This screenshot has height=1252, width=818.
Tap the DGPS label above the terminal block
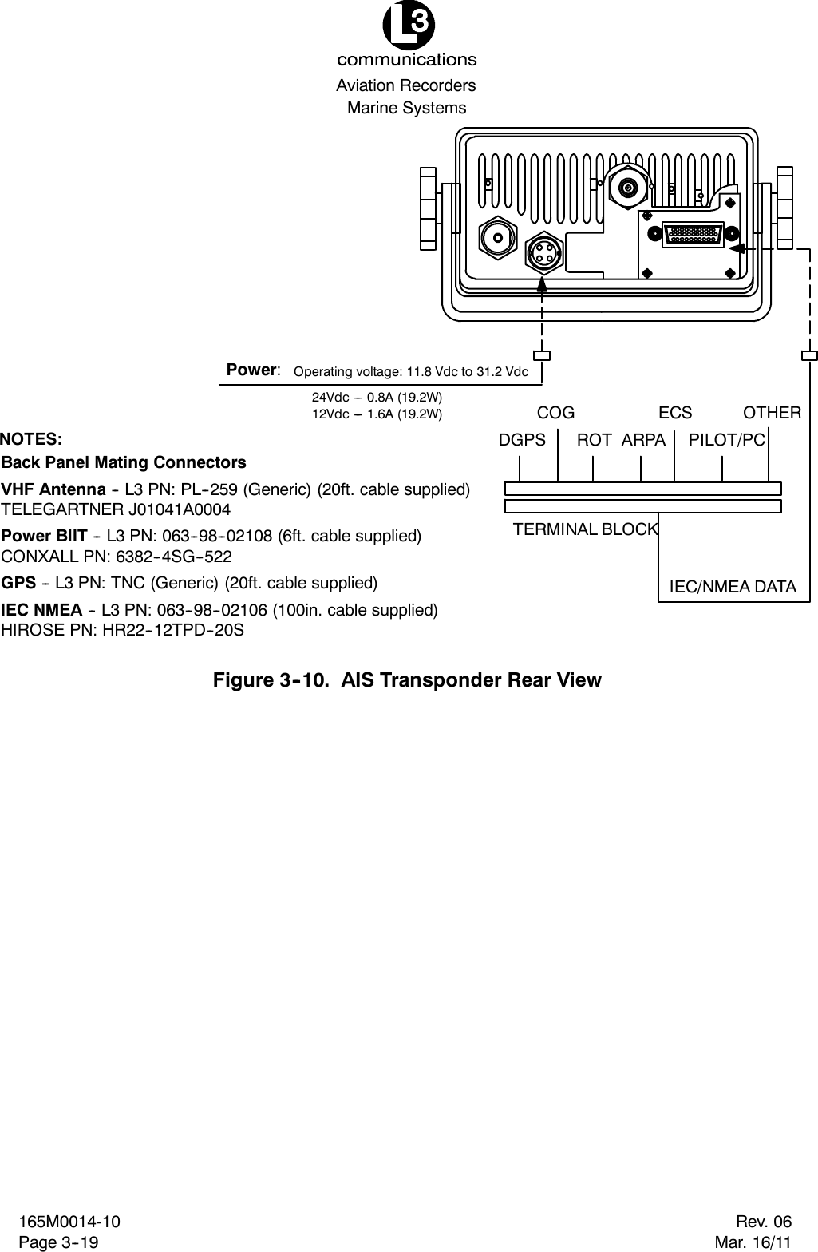[x=522, y=439]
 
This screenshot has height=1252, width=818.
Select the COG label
[x=555, y=413]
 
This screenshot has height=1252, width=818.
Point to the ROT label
[x=594, y=439]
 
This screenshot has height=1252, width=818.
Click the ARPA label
[x=643, y=439]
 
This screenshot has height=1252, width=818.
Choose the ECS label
[x=675, y=413]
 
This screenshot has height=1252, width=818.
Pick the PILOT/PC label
[x=726, y=439]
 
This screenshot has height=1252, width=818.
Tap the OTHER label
[x=772, y=413]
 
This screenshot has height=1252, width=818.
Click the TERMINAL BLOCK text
[x=585, y=529]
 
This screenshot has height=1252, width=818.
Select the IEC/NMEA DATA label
[x=732, y=588]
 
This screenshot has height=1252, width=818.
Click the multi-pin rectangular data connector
[x=693, y=234]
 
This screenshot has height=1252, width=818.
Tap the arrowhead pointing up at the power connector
[x=543, y=283]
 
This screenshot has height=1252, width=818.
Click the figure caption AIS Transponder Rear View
[x=406, y=680]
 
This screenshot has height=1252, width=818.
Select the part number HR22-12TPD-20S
[x=174, y=630]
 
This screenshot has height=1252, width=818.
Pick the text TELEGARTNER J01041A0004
[x=117, y=509]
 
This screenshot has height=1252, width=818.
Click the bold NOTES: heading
[x=31, y=439]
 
